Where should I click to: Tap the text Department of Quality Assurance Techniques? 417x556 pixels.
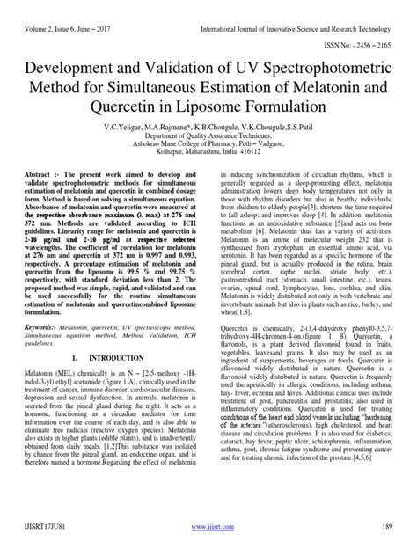(x=208, y=137)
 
